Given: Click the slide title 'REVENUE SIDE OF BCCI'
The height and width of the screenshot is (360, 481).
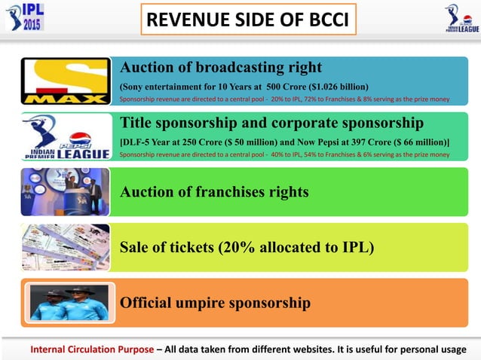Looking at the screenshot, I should click(248, 20).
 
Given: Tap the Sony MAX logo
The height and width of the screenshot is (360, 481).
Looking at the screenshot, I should click(65, 81).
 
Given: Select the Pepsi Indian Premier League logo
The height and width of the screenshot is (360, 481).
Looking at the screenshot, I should click(65, 136).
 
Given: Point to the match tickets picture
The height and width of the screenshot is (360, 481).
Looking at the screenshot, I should click(64, 247).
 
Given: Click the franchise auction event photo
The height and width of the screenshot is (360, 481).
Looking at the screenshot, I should click(65, 191).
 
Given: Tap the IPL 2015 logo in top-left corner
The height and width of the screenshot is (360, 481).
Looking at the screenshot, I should click(23, 17).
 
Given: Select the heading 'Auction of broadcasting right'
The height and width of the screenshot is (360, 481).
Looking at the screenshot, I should click(221, 66).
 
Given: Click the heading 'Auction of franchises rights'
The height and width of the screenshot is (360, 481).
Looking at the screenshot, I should click(214, 191).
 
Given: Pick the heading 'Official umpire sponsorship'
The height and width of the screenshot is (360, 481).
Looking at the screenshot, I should click(215, 303).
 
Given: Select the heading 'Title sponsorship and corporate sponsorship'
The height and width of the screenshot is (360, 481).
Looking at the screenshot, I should click(271, 122).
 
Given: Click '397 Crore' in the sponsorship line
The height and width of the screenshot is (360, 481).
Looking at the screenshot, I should click(360, 142).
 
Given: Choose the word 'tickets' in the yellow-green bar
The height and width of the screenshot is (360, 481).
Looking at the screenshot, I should click(185, 247).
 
